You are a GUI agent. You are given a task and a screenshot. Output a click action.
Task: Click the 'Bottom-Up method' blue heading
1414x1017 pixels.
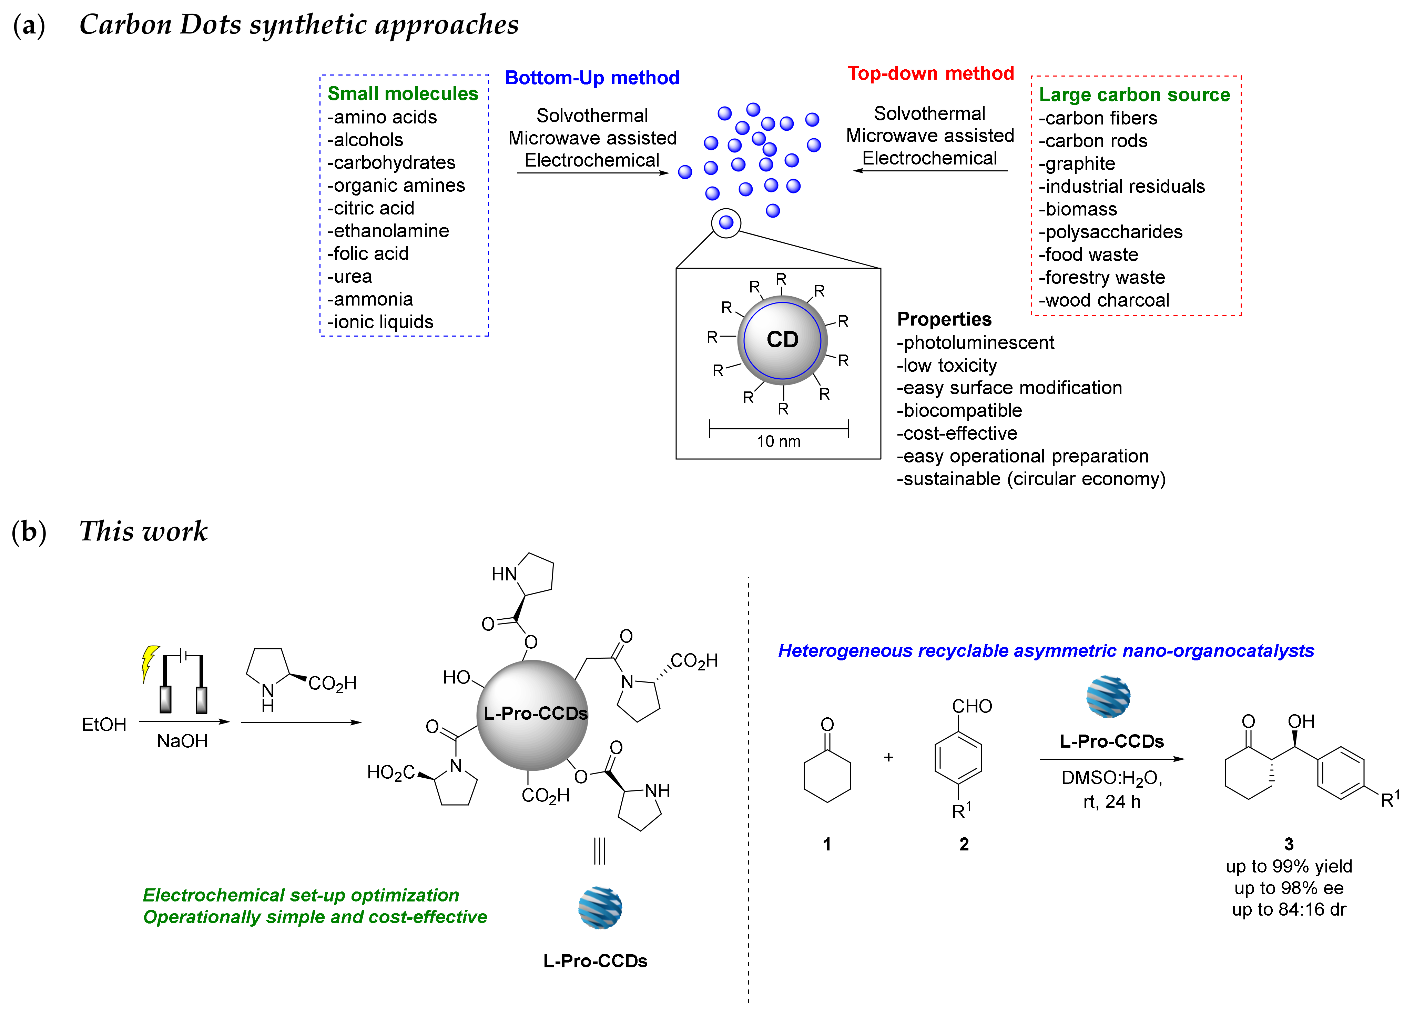coord(592,78)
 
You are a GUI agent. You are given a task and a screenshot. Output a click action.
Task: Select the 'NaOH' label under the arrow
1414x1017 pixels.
coord(182,741)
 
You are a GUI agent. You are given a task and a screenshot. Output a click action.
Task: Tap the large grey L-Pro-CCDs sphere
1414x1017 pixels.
coord(533,715)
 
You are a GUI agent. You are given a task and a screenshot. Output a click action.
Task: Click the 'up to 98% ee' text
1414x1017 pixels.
coord(1289,888)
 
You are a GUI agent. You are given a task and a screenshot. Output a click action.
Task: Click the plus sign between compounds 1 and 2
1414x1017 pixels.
coord(888,757)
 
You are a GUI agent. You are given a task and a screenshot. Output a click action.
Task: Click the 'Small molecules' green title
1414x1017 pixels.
coord(403,93)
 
